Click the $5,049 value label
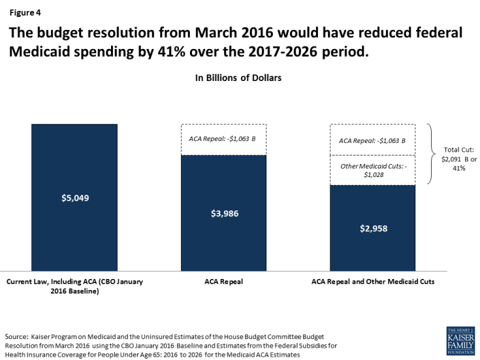[x=74, y=197]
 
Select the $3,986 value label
[x=224, y=213]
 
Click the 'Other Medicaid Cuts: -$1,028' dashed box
[x=372, y=170]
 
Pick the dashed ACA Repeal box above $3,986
[x=224, y=140]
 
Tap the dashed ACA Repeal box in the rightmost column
[x=372, y=140]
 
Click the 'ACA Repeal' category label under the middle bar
[x=224, y=282]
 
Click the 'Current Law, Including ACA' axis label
[x=74, y=286]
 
